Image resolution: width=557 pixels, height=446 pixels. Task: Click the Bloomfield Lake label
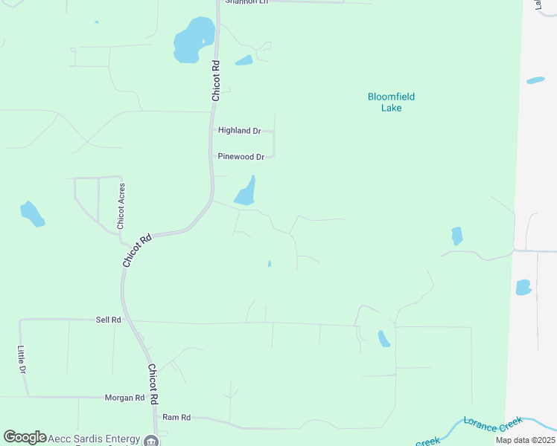point(391,102)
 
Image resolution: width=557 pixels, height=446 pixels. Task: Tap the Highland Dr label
point(239,131)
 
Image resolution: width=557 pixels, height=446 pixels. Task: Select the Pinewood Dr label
point(241,157)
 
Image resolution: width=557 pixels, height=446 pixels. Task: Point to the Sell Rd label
point(108,320)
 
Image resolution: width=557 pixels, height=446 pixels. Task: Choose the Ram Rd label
point(177,418)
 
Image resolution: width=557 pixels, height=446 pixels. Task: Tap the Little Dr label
point(22,360)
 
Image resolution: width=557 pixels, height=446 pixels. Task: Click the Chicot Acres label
point(121,206)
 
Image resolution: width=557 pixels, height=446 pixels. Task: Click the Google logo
point(25,437)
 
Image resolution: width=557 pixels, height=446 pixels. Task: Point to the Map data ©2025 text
point(524,440)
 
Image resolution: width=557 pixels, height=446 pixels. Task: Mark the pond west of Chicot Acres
point(32,214)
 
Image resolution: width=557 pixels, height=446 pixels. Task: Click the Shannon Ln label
point(246,2)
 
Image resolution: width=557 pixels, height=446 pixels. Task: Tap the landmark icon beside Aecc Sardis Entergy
point(151,441)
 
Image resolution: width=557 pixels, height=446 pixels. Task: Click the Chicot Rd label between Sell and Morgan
point(153,384)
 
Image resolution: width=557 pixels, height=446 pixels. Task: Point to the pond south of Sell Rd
point(383,339)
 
